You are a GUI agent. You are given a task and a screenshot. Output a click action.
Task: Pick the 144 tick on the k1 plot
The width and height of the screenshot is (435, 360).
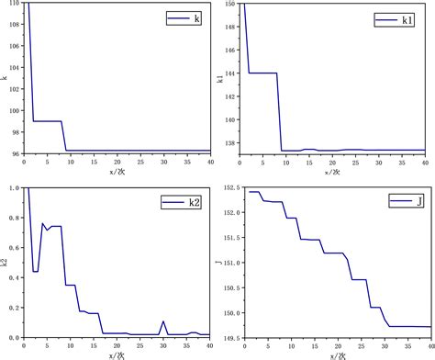232,73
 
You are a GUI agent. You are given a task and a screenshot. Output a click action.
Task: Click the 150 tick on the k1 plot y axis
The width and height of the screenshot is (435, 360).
232,5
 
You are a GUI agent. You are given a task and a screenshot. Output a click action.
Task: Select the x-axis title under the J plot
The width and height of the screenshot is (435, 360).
336,356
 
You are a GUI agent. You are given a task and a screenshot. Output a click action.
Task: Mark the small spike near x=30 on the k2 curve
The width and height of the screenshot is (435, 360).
164,321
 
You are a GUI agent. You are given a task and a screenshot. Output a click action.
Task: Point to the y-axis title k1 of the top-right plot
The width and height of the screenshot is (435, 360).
221,79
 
